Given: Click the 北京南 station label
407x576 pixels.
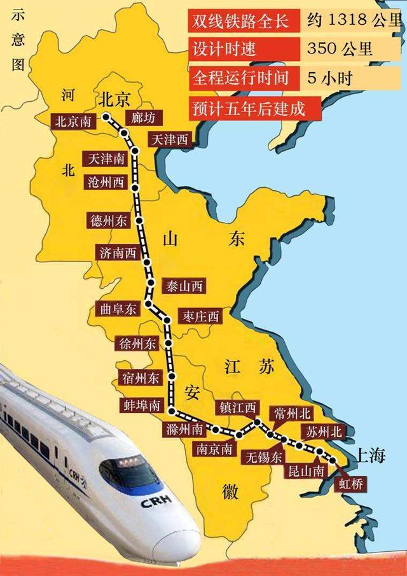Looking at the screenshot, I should coord(74,121).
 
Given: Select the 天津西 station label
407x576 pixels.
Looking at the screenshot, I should coord(170,140).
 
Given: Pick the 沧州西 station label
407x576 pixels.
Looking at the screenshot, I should coord(106,182).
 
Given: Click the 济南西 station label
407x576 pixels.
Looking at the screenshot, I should coord(118,252).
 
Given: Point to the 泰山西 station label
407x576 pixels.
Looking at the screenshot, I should coord(184,286).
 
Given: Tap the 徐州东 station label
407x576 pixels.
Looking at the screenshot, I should coord(137,344).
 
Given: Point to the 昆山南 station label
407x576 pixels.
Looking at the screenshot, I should coord(307,470).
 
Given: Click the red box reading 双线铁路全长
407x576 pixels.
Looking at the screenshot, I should coord(239,21).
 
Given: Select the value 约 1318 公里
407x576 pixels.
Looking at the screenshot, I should coord(353,21).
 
